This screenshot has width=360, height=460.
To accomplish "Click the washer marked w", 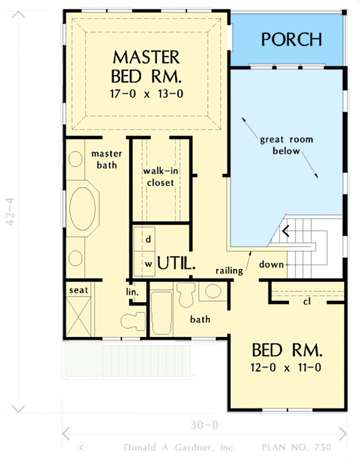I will coord(148,264).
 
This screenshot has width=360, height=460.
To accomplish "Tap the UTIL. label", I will coord(177,264).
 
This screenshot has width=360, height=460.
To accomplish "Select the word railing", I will coord(229,270).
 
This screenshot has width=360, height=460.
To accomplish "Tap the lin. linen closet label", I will coord(132,292).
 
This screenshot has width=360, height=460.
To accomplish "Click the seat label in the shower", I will coord(79,290).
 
